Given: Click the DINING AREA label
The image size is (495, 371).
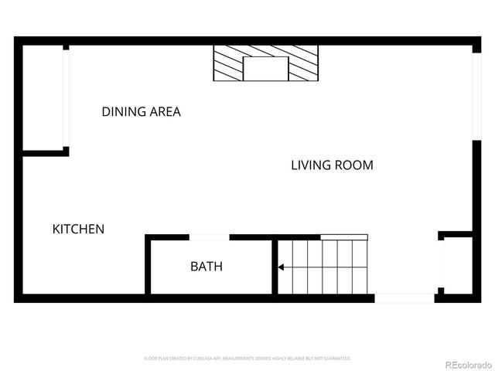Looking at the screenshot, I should [x=141, y=111].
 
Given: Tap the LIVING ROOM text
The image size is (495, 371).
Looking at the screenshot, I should [x=332, y=165].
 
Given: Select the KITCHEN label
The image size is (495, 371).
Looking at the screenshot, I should [x=78, y=229].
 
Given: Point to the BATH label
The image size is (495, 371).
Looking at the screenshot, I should [x=207, y=267].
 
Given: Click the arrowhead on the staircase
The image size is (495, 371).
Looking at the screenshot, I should [x=282, y=267].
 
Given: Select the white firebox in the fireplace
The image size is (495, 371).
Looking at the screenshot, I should [x=266, y=69].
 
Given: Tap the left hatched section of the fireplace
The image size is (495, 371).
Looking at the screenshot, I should [x=229, y=63].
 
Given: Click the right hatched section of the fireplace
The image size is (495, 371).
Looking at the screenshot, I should [x=302, y=63].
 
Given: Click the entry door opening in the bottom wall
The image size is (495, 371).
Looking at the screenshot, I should [x=405, y=298].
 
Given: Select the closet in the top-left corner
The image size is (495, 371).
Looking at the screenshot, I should [x=43, y=97].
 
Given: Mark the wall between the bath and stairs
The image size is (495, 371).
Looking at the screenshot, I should [x=275, y=267].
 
